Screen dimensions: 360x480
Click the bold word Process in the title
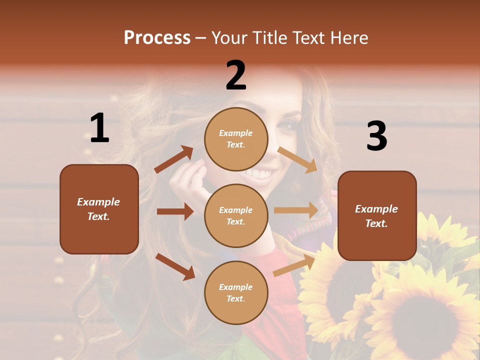click(157, 38)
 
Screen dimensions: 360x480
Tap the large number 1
click(99, 128)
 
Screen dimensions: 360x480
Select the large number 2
click(236, 75)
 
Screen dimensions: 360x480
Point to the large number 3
click(376, 136)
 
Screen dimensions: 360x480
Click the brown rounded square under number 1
click(99, 209)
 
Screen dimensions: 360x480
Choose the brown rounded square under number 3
click(377, 215)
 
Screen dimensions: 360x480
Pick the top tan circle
click(236, 139)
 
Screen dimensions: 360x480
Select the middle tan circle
click(236, 215)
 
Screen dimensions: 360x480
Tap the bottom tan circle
click(236, 292)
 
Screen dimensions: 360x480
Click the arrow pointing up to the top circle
click(174, 159)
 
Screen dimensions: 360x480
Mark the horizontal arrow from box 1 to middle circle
click(175, 211)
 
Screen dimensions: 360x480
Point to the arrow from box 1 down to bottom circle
click(175, 266)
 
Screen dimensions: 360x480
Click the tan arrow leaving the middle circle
click(296, 210)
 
